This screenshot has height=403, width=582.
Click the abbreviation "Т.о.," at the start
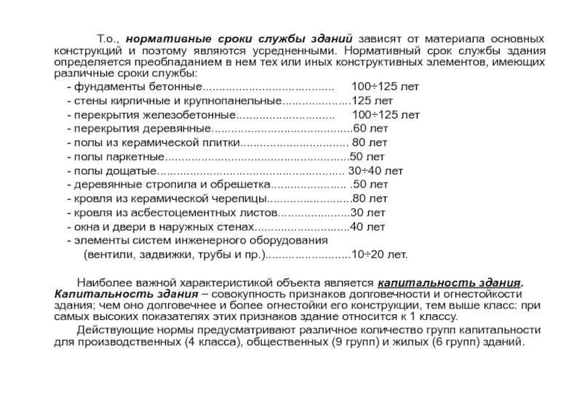click(x=108, y=37)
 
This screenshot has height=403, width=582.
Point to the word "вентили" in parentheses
click(x=107, y=255)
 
